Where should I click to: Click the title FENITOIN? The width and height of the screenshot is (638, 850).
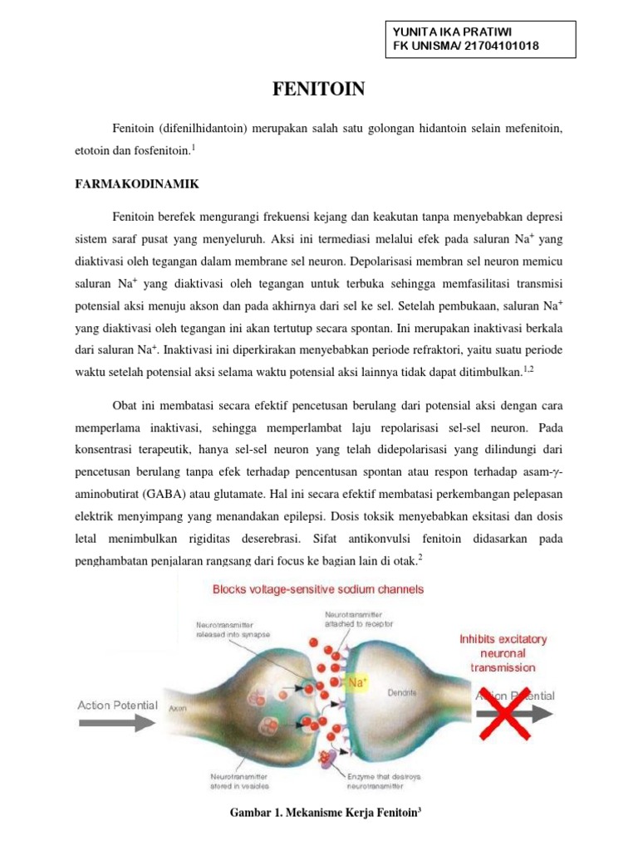pos(319,89)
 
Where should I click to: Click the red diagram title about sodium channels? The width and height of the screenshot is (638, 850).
pos(318,589)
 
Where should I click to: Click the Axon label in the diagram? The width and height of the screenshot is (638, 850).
pos(177,710)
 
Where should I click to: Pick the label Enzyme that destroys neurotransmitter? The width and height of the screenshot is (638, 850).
pos(385,781)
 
